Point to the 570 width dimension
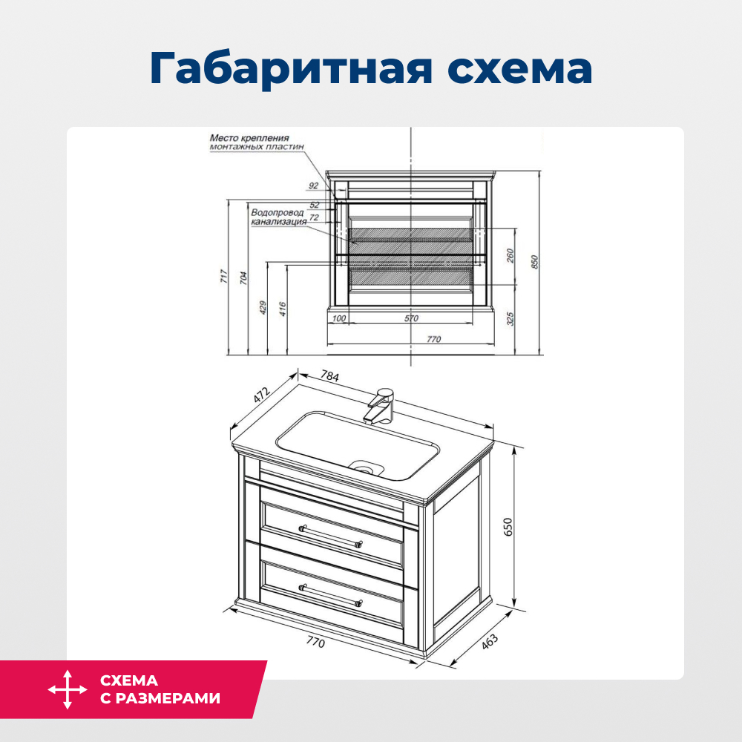[x=411, y=318]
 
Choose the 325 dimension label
[x=510, y=319]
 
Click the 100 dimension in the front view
[x=339, y=318]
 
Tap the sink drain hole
[x=365, y=467]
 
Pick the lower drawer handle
[x=330, y=594]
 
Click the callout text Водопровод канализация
[x=278, y=217]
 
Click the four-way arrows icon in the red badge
[x=68, y=689]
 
